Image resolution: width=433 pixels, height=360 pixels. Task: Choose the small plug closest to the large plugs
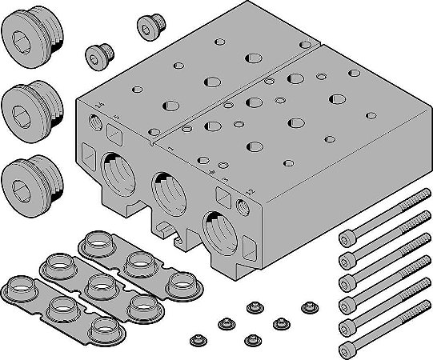98,57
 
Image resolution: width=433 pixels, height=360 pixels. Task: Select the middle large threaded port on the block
170,193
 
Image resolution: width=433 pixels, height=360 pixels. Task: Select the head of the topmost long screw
347,237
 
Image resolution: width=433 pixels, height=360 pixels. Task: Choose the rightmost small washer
307,306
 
